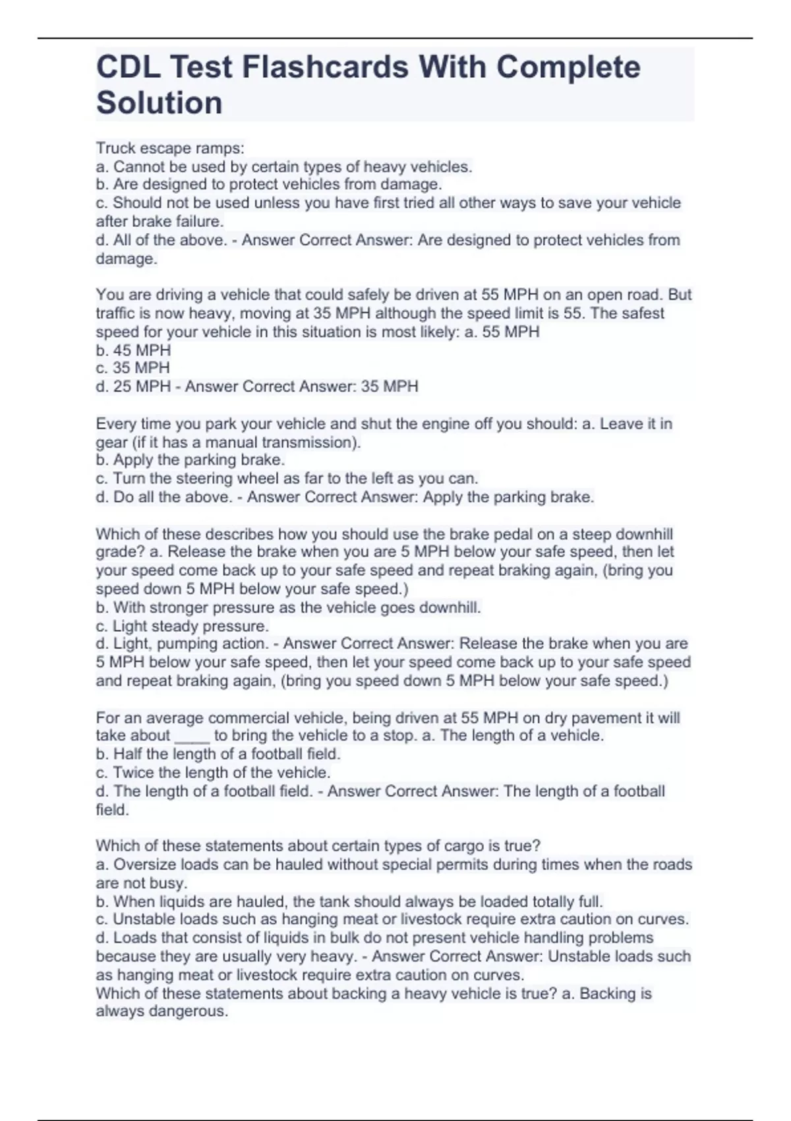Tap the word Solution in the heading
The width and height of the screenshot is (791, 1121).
(x=160, y=103)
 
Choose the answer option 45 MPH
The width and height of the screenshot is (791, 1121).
(x=142, y=350)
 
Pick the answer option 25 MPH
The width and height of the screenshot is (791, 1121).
(x=142, y=386)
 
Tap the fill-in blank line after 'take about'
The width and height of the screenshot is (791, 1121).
(x=192, y=736)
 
